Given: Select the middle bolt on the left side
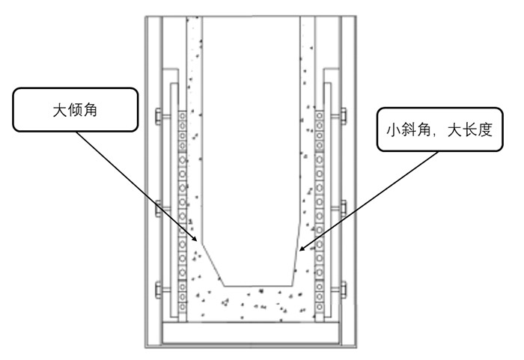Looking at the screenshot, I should coord(158,206).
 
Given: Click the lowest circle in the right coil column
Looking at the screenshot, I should coord(320,307).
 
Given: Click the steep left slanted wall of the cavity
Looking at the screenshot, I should coord(212,263).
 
